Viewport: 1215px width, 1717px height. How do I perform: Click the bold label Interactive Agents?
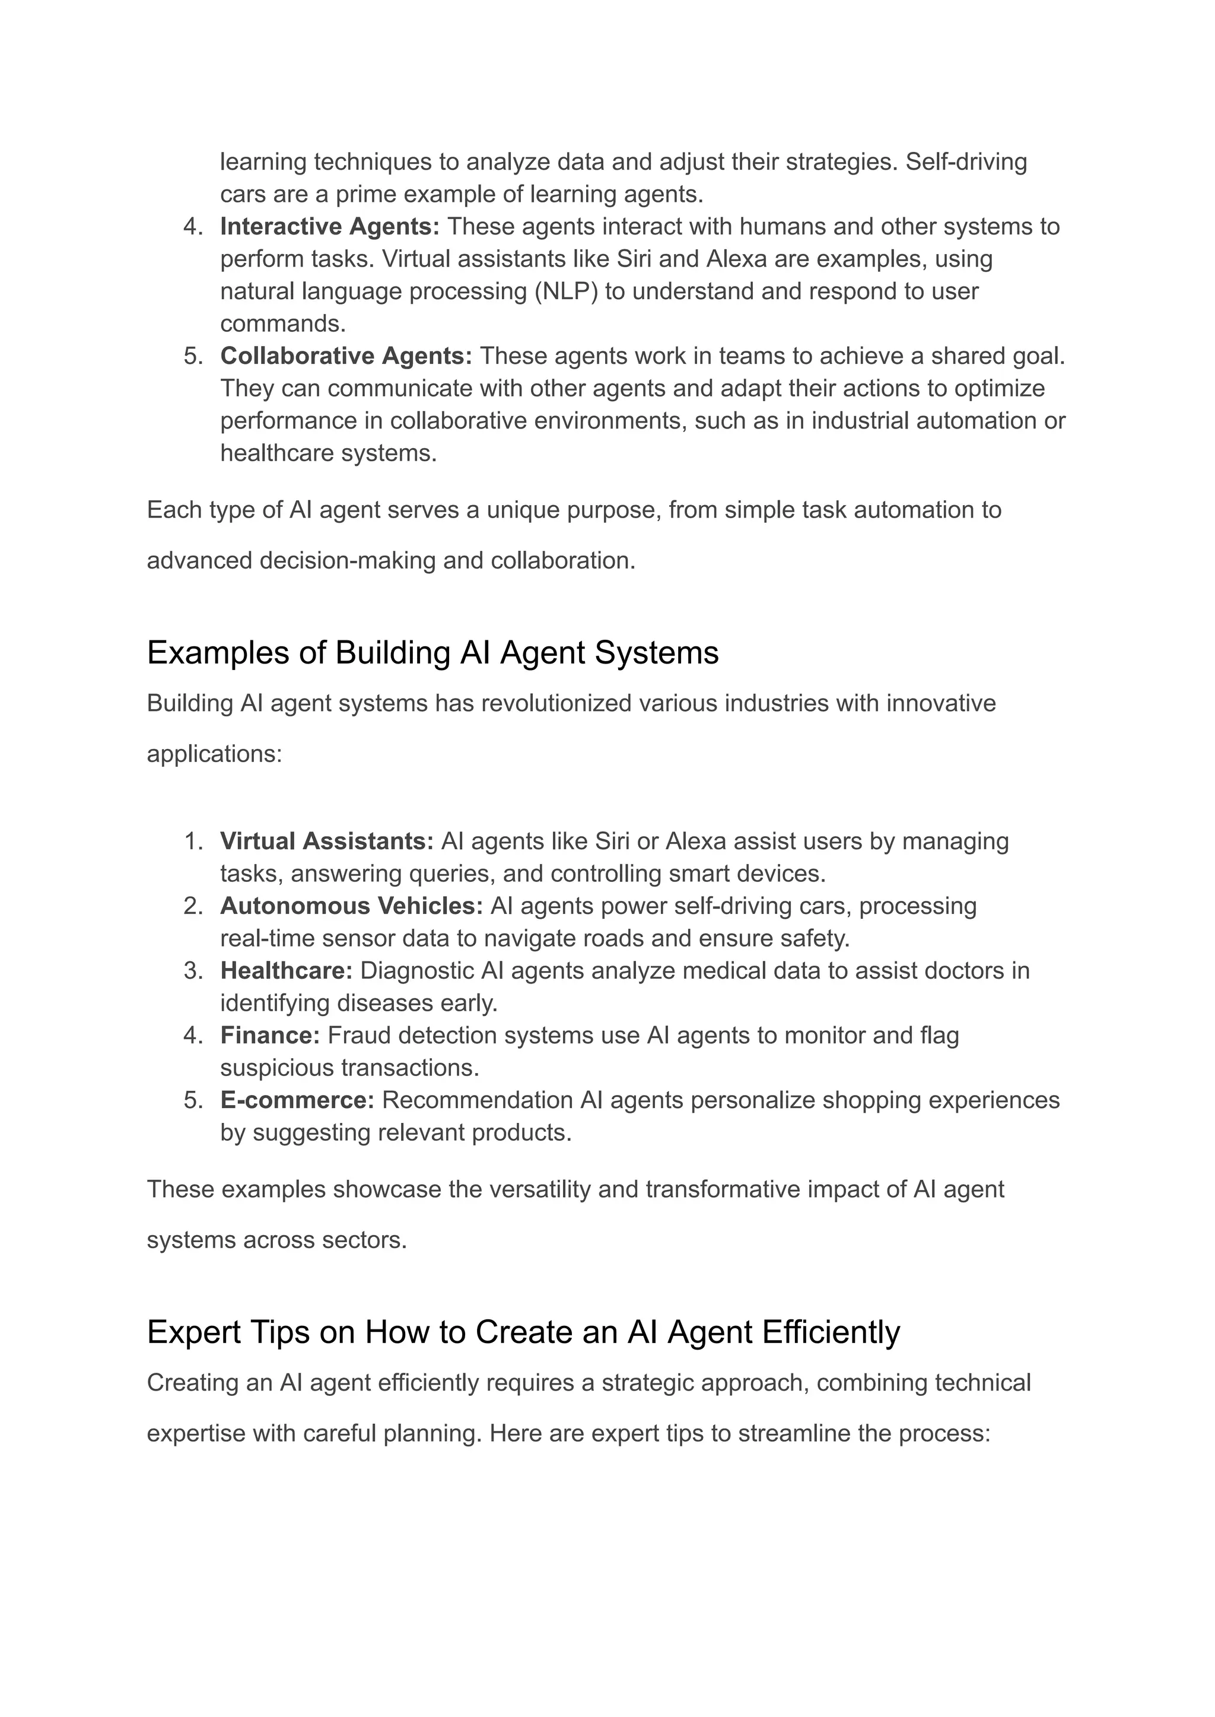tap(329, 227)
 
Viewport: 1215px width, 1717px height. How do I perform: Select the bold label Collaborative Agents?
tap(346, 356)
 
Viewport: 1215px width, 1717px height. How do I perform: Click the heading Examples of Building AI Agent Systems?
tap(432, 653)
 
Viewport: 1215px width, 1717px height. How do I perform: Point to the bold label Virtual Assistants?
tap(326, 841)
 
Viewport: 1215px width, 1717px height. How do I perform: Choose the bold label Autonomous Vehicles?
tap(351, 906)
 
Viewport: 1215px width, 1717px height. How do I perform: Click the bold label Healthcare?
tap(286, 971)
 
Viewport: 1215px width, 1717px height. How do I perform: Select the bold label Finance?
tap(269, 1036)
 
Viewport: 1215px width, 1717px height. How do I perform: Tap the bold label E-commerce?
tap(297, 1100)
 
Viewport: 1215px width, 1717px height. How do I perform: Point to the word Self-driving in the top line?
tap(966, 161)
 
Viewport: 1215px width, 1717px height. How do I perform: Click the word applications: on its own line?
tap(214, 754)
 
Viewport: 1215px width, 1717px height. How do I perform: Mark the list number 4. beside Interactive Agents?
tap(193, 227)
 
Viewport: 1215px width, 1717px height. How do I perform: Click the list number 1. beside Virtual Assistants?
tap(193, 841)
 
